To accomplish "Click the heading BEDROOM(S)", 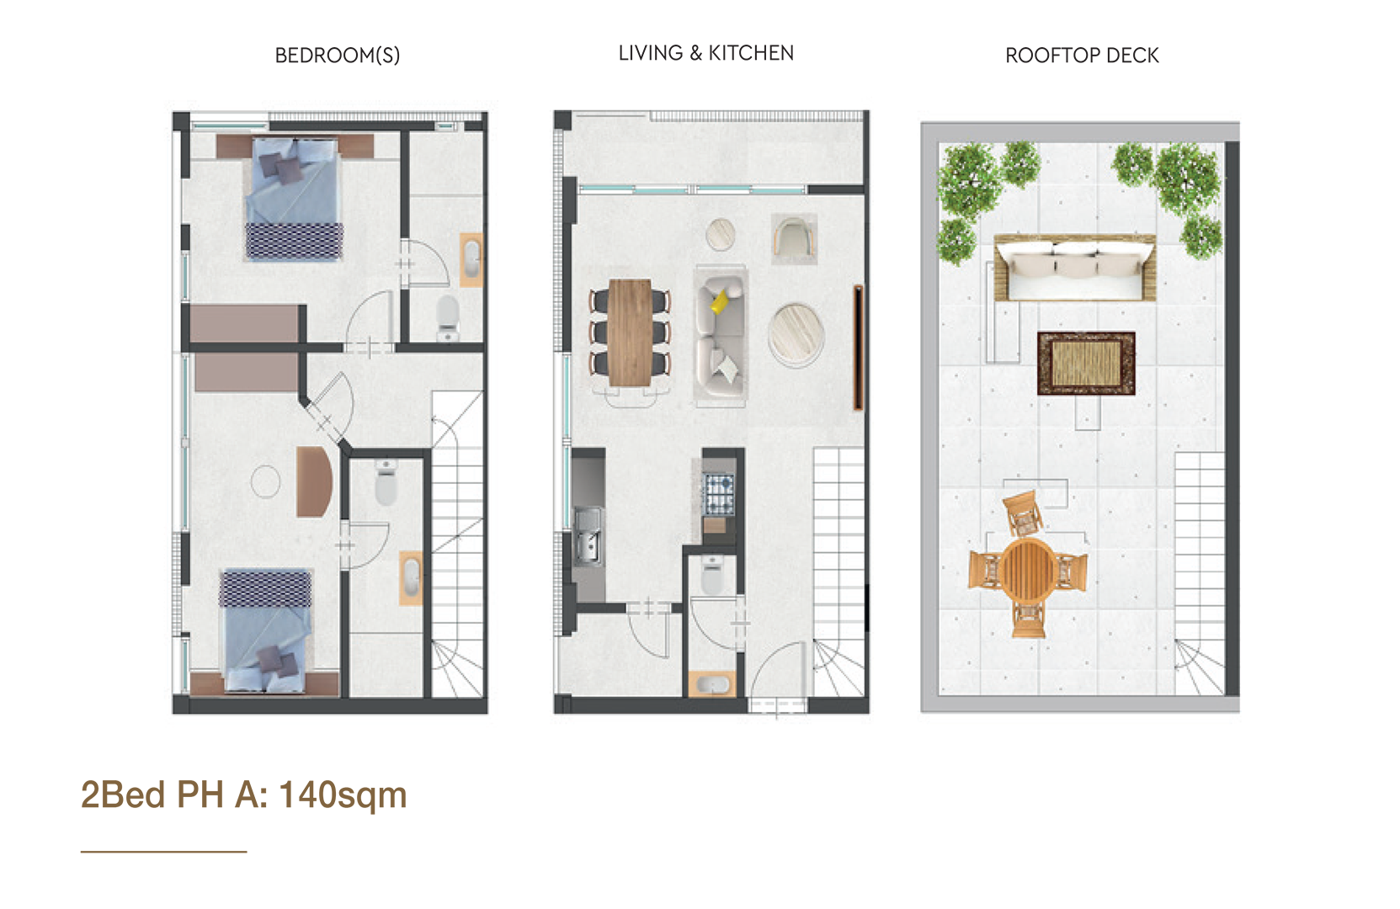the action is tap(338, 56).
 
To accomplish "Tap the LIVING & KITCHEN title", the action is tap(706, 53).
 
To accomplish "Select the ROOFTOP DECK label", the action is tap(1082, 56).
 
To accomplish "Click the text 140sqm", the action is tap(343, 795).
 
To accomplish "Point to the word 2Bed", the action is tap(123, 795).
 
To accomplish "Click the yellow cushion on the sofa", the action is tap(721, 301).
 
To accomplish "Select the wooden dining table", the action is tap(630, 332).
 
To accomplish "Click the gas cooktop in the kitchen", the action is tap(720, 493).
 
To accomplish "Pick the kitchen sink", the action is tap(588, 536).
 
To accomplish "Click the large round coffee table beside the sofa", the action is tap(796, 333).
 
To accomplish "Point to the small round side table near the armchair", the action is tap(721, 235).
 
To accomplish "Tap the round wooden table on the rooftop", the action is tap(1028, 571).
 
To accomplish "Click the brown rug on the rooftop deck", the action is tap(1086, 364).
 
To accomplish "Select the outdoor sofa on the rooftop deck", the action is tap(1075, 268).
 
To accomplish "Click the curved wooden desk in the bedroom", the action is tap(314, 481).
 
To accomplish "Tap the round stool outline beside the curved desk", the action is tap(266, 481).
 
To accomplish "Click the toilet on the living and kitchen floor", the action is tap(713, 575).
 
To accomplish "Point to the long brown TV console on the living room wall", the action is tap(859, 348).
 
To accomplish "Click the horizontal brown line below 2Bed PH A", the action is tap(164, 851).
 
